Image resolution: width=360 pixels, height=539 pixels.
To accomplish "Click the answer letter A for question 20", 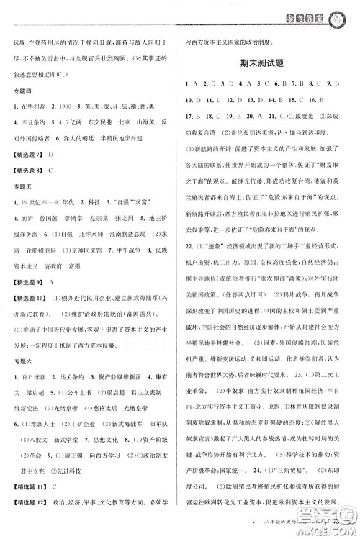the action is point(256,115).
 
